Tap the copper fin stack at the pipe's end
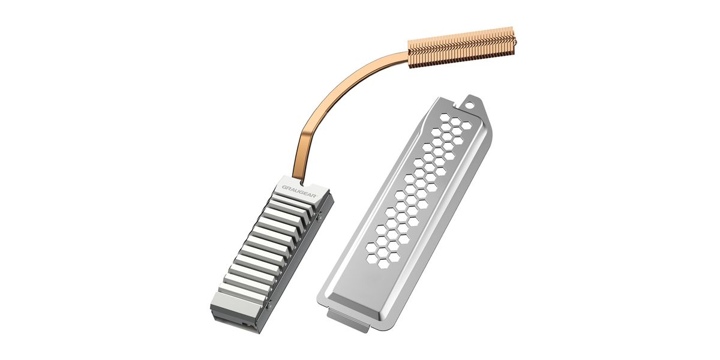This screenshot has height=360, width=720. click(x=461, y=48)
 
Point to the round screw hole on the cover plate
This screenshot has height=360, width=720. click(x=469, y=104)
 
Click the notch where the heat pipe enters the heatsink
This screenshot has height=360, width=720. click(x=302, y=183)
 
